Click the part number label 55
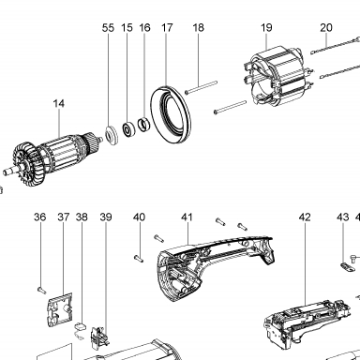click(108, 28)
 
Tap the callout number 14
click(59, 103)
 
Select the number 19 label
click(266, 28)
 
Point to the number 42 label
click(305, 217)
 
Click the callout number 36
click(40, 217)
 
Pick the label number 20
click(326, 28)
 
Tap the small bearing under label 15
click(128, 129)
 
